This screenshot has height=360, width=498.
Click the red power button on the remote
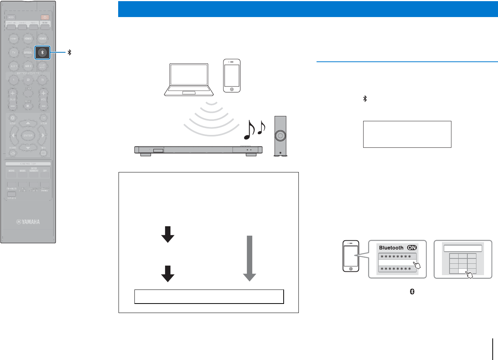pos(45,17)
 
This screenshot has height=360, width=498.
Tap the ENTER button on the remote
pos(28,135)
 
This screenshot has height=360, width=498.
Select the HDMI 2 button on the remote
pos(28,39)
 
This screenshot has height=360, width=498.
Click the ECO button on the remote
pos(11,17)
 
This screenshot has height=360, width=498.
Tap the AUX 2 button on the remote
pos(28,66)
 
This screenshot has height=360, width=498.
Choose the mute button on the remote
pos(28,106)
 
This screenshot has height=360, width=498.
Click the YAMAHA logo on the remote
pos(28,222)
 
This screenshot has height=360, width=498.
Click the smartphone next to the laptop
pos(232,76)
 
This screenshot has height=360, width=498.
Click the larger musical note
pos(249,130)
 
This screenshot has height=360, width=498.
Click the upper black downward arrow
pos(168,234)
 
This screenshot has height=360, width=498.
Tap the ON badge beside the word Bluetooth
pos(412,247)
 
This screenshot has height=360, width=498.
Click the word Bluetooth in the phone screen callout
pos(391,247)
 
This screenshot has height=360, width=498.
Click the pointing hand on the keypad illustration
pos(470,274)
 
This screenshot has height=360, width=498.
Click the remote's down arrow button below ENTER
pos(28,147)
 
